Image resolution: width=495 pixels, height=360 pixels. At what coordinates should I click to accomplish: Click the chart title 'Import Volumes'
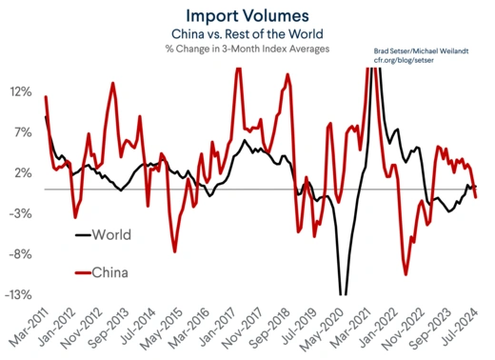(x=247, y=15)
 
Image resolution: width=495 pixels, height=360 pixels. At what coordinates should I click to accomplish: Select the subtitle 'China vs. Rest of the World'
(x=247, y=33)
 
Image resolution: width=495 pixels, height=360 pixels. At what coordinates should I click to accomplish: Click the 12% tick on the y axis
(x=22, y=92)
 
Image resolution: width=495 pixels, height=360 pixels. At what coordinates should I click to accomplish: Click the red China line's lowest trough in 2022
(x=406, y=274)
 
